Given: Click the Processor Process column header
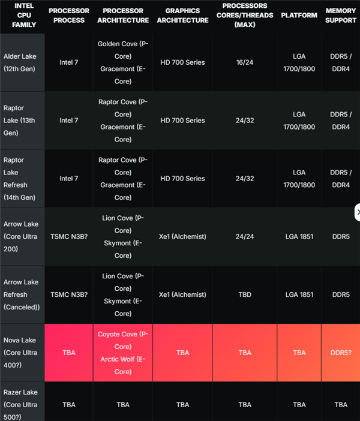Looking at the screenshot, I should pos(69,16).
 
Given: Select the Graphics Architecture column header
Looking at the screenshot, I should pos(182,16).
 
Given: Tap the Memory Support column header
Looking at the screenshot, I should pos(341,16).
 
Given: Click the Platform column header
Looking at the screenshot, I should pos(299,16).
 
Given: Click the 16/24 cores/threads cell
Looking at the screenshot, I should pos(245,62).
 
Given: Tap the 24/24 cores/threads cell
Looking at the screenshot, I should pos(245,236).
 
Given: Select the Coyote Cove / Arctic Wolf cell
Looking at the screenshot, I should pos(123,353).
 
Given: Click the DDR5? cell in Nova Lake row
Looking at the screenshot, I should pos(341,353).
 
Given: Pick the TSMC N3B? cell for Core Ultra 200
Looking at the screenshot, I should pos(69,236).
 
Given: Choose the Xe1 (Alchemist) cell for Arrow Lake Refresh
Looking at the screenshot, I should pos(182,294).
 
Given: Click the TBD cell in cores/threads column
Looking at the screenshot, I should pos(245,294).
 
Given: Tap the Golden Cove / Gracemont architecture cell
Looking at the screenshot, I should pos(123,62).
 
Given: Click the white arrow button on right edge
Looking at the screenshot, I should pos(358,212).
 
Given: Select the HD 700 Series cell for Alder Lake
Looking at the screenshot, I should pos(182,62).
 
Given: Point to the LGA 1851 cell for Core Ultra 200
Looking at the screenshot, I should pos(299,236).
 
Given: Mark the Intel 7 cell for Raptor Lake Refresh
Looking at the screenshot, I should pos(69,179).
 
